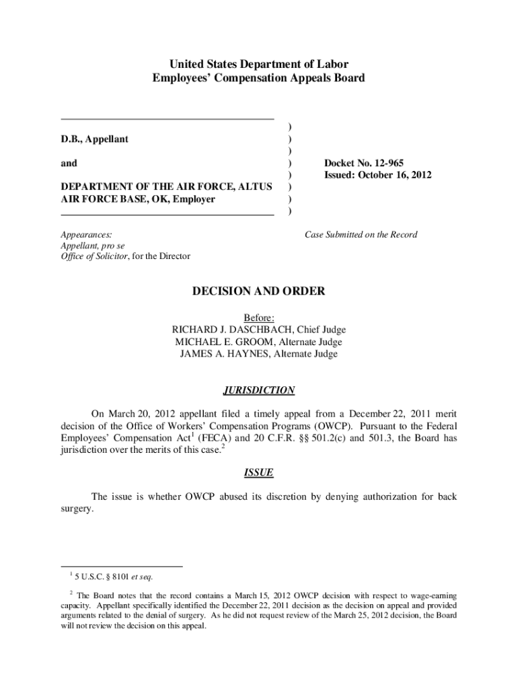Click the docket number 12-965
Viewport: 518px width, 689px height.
(x=389, y=163)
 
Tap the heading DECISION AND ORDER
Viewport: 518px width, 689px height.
(x=259, y=291)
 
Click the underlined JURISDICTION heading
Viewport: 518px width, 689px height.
(x=259, y=390)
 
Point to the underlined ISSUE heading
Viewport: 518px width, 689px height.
(x=259, y=472)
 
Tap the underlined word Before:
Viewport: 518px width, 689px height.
(x=259, y=318)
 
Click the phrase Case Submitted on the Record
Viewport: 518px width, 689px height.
(x=361, y=235)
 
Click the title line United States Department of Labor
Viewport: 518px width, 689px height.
(x=259, y=65)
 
